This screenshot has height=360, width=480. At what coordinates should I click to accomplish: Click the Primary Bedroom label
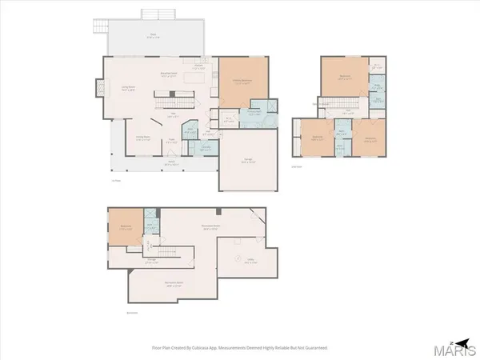pos(243,82)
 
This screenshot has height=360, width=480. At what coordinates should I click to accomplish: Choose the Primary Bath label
pos(255,113)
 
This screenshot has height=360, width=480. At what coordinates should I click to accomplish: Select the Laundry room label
pos(205,149)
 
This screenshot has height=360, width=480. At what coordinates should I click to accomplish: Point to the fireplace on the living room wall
pos(99,86)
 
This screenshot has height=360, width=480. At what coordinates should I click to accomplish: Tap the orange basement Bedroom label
pos(126,226)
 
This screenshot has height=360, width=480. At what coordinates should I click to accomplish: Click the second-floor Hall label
pos(348,110)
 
